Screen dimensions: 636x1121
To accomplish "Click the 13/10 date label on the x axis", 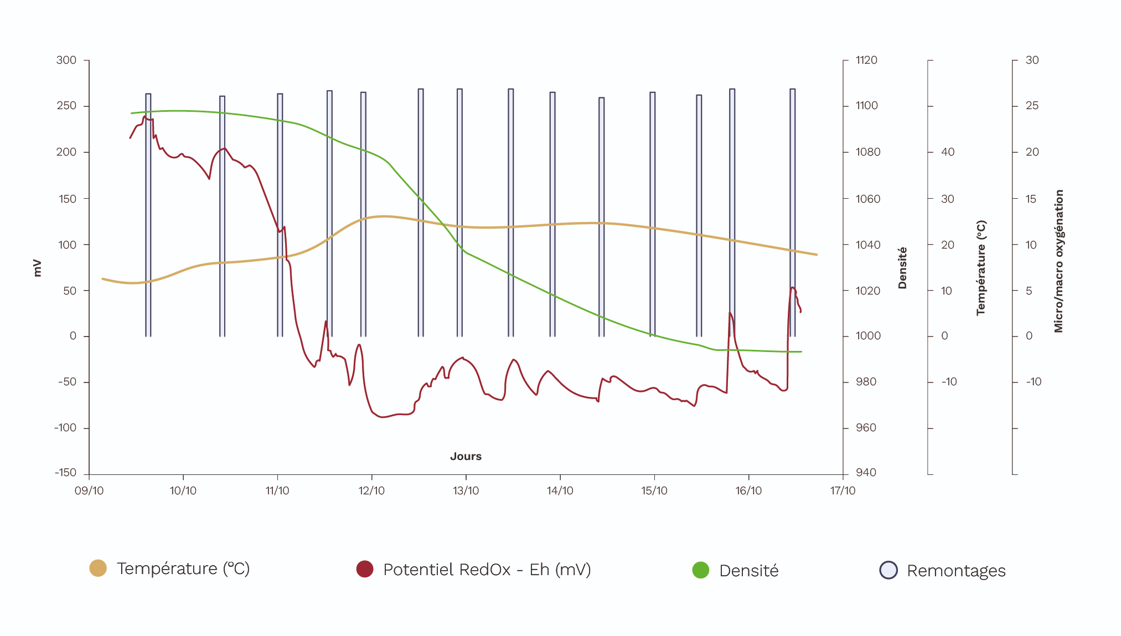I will [x=466, y=490].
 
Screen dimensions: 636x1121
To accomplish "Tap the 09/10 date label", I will [x=89, y=490].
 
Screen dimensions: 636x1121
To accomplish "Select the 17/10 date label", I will [x=843, y=490].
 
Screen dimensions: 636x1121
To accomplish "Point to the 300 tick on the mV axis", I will [x=66, y=60].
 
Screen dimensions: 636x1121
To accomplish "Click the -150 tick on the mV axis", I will [x=65, y=472].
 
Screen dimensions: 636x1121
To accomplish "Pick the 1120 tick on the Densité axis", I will [x=866, y=60].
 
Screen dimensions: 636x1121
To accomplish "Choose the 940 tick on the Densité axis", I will [x=866, y=472].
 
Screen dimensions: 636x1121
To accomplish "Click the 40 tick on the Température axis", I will [x=948, y=152].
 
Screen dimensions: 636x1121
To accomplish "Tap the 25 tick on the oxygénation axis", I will [x=1032, y=105].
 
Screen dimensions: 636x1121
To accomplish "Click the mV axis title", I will [x=37, y=268].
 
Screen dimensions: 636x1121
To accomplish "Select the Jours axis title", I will [x=466, y=456].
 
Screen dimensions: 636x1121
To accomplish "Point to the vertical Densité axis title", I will [x=902, y=268].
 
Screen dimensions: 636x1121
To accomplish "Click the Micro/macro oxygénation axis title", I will [x=1058, y=261].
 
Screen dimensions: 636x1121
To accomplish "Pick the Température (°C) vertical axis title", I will [x=981, y=268].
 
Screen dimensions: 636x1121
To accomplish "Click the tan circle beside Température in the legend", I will [x=98, y=568].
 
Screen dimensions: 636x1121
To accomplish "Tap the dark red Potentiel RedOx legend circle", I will [x=365, y=569].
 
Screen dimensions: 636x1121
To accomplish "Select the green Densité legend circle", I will [x=701, y=570].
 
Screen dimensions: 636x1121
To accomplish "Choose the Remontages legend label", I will [x=955, y=571].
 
